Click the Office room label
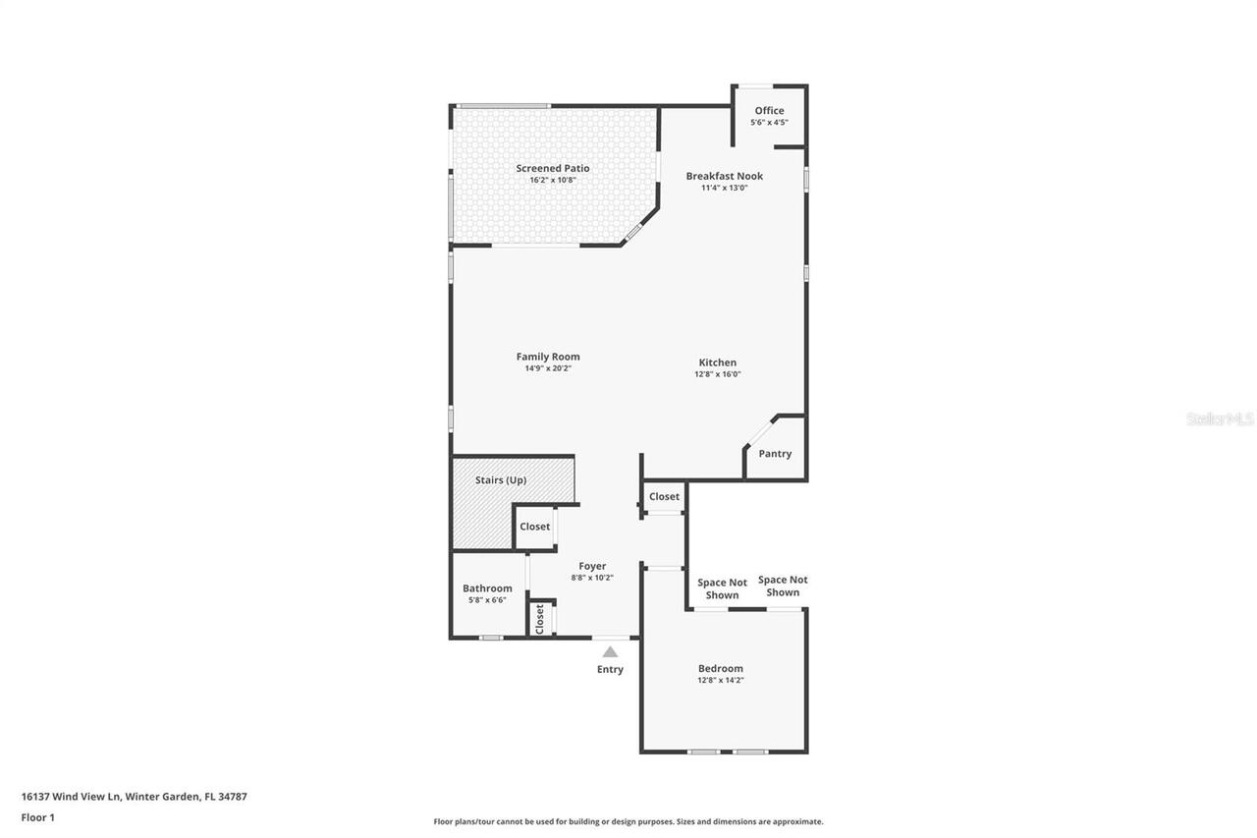(x=769, y=111)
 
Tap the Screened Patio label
(x=553, y=168)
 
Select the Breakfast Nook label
(x=724, y=176)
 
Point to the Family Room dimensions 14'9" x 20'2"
(x=548, y=368)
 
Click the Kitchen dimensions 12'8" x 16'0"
(x=717, y=374)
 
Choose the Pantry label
(x=775, y=454)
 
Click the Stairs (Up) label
(x=501, y=480)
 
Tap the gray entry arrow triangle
(x=610, y=651)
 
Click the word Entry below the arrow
(x=610, y=670)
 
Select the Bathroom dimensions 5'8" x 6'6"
(x=487, y=600)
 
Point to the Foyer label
(x=592, y=566)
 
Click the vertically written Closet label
(x=539, y=619)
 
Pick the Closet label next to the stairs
(x=535, y=527)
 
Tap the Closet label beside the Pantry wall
(x=664, y=497)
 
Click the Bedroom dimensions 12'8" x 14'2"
(x=721, y=680)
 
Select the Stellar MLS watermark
(x=1220, y=419)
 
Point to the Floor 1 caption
(x=38, y=817)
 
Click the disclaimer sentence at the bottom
(x=628, y=821)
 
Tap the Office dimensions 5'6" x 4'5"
(x=769, y=123)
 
